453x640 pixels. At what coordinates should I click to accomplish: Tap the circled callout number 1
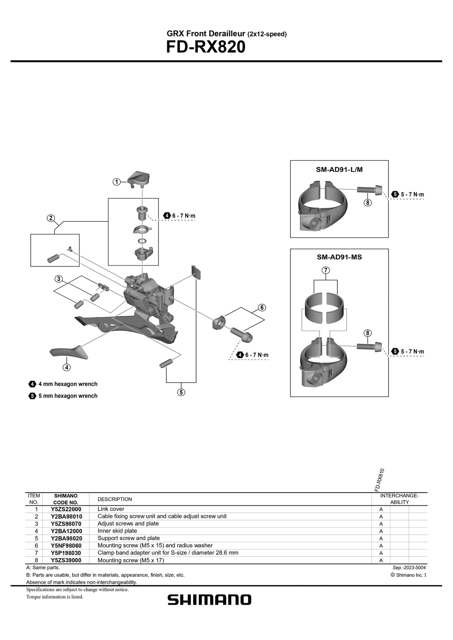(117, 182)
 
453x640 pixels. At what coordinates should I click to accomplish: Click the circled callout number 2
(51, 218)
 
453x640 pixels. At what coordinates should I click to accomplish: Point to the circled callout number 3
(58, 279)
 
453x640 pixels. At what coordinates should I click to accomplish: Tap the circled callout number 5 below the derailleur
(181, 392)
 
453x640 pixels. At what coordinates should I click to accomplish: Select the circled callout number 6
(262, 307)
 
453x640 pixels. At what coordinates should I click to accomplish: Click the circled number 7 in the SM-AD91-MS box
(326, 270)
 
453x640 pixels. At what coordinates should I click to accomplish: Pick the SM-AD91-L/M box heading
(339, 170)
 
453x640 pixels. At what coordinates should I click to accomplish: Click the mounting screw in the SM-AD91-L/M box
(370, 189)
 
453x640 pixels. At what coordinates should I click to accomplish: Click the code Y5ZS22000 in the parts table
(66, 509)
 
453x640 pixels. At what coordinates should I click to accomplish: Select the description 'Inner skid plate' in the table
(117, 531)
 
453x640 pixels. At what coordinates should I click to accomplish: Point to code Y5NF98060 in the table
(66, 546)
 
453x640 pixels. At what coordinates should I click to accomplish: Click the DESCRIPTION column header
(115, 499)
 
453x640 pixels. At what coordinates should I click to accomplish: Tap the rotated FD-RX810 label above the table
(379, 480)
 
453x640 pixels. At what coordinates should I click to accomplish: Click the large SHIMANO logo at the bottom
(210, 600)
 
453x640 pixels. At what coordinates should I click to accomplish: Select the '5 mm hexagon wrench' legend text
(68, 396)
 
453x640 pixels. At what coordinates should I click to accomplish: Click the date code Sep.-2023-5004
(409, 568)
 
